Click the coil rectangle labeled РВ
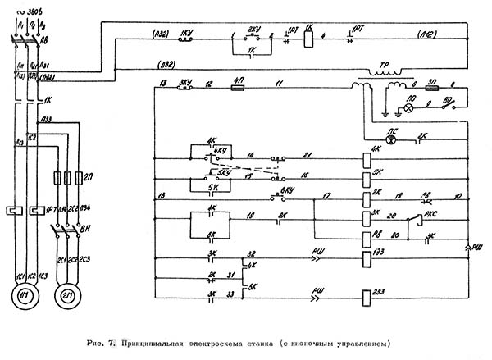click(365, 238)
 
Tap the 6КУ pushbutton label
click(286, 190)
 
